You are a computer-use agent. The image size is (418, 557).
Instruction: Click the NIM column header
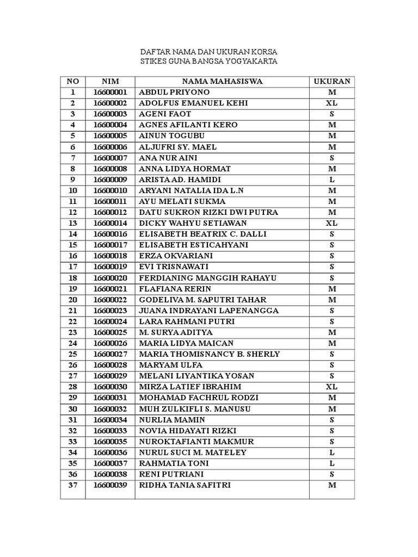tap(110, 82)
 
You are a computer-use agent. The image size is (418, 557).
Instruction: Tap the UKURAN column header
tap(331, 82)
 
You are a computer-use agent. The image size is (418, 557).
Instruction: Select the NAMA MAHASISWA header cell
tap(222, 82)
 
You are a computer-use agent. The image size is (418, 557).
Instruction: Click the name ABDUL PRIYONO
tap(174, 92)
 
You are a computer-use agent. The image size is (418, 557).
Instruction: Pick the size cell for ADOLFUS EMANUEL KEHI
tap(331, 103)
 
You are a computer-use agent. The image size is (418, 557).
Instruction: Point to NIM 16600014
tap(110, 224)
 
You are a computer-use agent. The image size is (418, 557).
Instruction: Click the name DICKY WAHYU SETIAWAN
tap(193, 224)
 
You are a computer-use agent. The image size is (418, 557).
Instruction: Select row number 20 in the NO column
tap(73, 300)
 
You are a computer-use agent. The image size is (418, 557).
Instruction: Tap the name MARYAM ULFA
tap(171, 365)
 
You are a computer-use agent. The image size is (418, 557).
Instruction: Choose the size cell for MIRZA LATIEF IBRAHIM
tap(331, 387)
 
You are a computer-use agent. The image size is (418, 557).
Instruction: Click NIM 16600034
tap(110, 420)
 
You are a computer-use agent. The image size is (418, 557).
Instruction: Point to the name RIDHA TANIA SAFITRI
tap(185, 485)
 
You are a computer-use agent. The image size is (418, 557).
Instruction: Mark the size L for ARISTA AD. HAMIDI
tap(331, 180)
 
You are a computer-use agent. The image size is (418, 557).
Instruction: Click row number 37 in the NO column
tap(73, 485)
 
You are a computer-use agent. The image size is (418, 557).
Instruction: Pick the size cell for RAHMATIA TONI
tap(331, 463)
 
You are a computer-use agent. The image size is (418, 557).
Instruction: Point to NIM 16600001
tap(110, 92)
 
